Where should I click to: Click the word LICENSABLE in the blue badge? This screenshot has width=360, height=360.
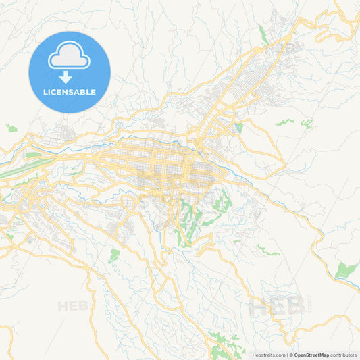click(x=70, y=92)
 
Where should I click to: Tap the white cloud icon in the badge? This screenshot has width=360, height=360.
click(x=70, y=55)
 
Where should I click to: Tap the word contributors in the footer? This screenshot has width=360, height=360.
click(x=343, y=355)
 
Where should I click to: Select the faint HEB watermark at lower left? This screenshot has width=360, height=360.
click(x=73, y=306)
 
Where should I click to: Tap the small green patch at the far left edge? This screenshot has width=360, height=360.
click(x=11, y=128)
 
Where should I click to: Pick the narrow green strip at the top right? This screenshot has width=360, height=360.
click(x=263, y=34)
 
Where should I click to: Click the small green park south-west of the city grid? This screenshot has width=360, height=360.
click(x=114, y=255)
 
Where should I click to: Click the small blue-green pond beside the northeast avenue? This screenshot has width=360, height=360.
click(x=238, y=127)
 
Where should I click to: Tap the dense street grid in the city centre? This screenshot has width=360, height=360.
click(x=169, y=165)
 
